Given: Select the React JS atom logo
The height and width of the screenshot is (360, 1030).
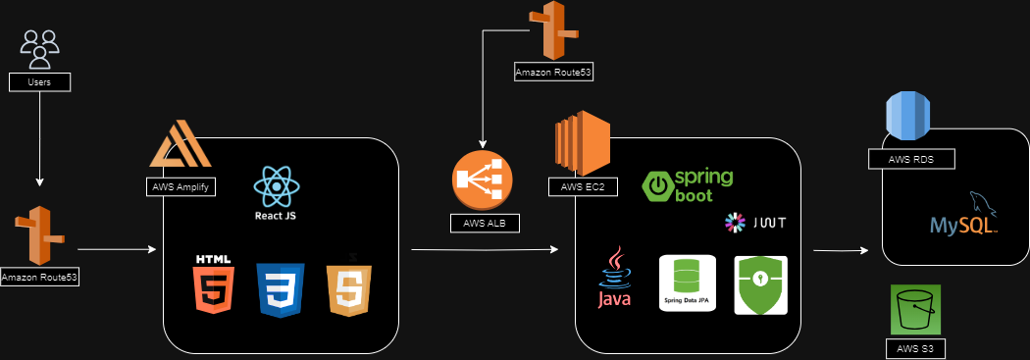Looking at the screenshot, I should click(277, 186).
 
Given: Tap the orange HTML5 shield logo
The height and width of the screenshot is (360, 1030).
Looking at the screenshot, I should click(213, 284).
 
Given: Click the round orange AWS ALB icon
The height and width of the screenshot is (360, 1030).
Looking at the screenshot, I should click(483, 180).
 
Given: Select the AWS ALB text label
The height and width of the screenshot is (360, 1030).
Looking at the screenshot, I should click(485, 223).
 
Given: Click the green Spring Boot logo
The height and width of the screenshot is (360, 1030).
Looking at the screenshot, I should click(689, 185).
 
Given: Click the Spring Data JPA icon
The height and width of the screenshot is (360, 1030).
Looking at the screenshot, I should click(685, 284).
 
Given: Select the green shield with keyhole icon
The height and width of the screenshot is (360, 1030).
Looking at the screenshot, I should click(761, 284).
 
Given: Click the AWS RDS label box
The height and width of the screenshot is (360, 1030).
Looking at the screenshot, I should click(911, 159).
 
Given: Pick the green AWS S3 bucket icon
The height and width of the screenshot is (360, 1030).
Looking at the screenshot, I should click(915, 310).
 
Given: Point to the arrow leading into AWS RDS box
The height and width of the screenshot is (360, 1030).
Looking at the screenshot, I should click(841, 250).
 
